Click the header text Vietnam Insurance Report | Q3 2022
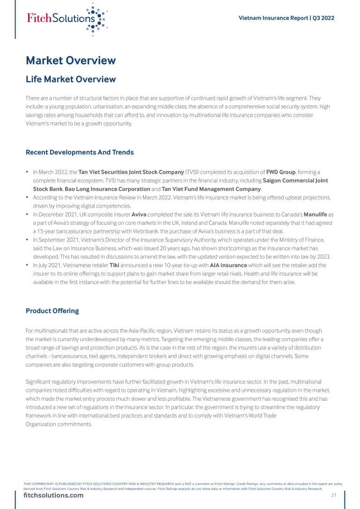286,18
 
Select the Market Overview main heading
70,60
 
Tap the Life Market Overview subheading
70,79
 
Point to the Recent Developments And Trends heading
80,152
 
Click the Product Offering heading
52,311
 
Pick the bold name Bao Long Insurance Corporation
107,189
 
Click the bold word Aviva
139,214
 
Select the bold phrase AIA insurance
228,265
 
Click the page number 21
334,495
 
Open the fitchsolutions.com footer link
53,495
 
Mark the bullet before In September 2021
28,240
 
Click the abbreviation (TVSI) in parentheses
194,172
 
